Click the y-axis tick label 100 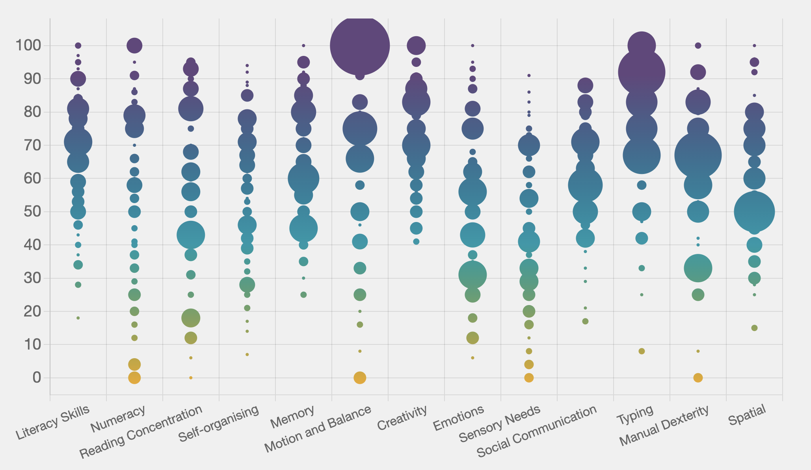coord(28,46)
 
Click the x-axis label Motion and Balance coord(318,429)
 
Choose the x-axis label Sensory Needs coord(499,424)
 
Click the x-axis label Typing coord(635,415)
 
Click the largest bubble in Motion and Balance coord(360,46)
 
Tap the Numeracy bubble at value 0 coord(134,378)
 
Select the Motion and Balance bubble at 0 coord(360,378)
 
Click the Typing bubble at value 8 coord(642,351)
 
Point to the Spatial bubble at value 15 coord(754,328)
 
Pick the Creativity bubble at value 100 coord(416,46)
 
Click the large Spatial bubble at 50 coord(754,212)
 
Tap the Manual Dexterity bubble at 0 coord(698,378)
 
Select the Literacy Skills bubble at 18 coord(78,318)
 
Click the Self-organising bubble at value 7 coord(247,355)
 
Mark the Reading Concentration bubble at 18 coord(191,318)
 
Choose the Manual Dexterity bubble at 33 coord(698,268)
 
